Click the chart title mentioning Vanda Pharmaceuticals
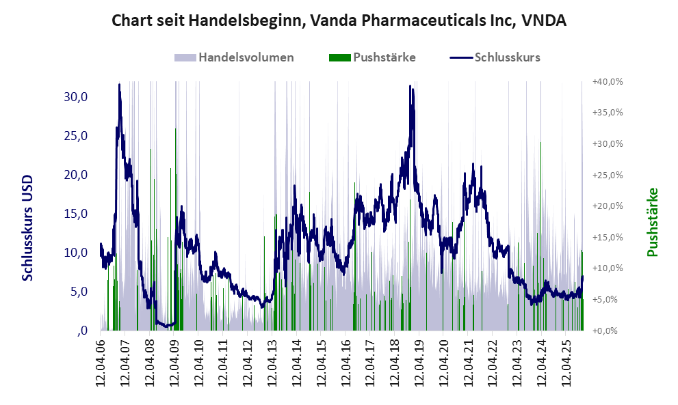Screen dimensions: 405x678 339,20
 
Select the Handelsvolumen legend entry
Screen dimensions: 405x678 246,57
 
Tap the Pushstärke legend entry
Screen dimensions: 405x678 384,57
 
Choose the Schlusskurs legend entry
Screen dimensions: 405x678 507,57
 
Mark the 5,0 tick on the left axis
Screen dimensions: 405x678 78,292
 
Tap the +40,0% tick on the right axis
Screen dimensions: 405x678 608,81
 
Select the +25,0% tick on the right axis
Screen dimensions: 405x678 608,175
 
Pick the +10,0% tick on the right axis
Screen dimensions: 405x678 608,268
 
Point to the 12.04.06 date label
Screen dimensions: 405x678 101,363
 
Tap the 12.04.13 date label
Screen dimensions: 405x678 272,363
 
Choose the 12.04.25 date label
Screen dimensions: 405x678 566,363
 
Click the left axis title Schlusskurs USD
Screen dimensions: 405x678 28,227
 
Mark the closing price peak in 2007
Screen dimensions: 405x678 120,85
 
